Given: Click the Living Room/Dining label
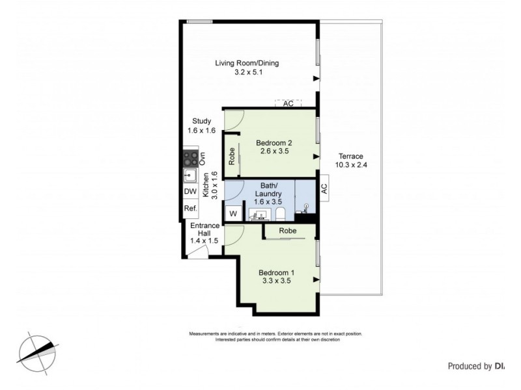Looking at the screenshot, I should coord(247,63).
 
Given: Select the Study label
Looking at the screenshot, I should coord(201,121).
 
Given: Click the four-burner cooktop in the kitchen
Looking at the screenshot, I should coord(190,157).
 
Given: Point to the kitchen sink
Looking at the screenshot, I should coord(190,175).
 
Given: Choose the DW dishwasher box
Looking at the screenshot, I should coord(190,192).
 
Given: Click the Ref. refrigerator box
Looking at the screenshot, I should coord(190,209).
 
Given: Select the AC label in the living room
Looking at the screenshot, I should coord(288,103).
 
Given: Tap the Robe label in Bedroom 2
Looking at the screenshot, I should coord(231,156).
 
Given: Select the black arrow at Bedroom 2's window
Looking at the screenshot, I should coord(316,157).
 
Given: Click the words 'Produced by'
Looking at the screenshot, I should coord(469,366).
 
